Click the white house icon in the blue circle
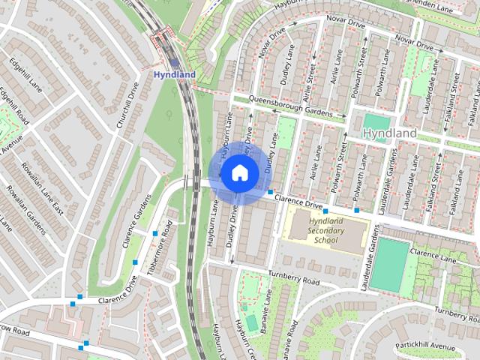pos(238,172)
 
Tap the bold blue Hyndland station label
pos(174,75)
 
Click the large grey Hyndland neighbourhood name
pos(388,133)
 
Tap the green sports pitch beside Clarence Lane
pos(391,264)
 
